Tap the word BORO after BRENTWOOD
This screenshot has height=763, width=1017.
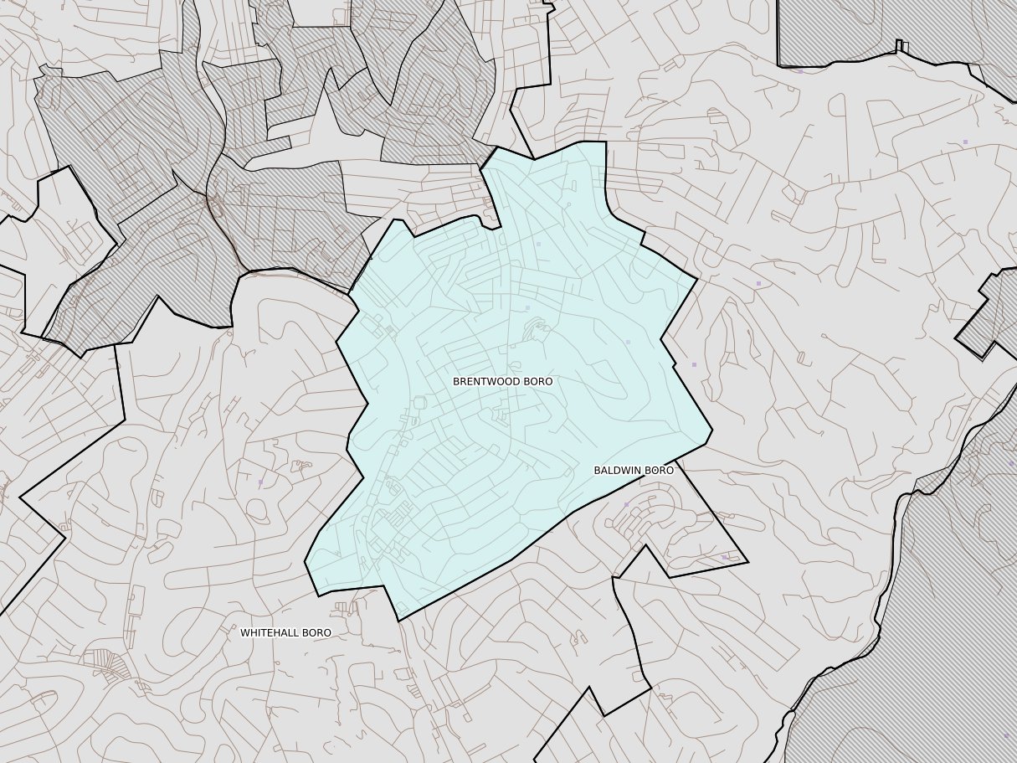[x=539, y=381]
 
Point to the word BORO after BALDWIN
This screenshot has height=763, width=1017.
[x=660, y=471]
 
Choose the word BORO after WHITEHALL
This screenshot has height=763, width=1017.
[x=317, y=633]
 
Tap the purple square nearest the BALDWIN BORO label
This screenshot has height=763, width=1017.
[x=626, y=504]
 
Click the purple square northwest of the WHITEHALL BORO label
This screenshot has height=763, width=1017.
[x=260, y=482]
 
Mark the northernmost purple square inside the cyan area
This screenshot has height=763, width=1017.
[x=538, y=244]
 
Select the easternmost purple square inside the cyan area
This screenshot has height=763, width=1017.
[x=628, y=342]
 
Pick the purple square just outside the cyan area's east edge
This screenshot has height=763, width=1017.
[x=694, y=364]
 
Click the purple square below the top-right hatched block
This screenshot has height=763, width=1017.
[x=800, y=71]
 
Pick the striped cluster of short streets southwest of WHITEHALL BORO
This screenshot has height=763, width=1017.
[x=107, y=666]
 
